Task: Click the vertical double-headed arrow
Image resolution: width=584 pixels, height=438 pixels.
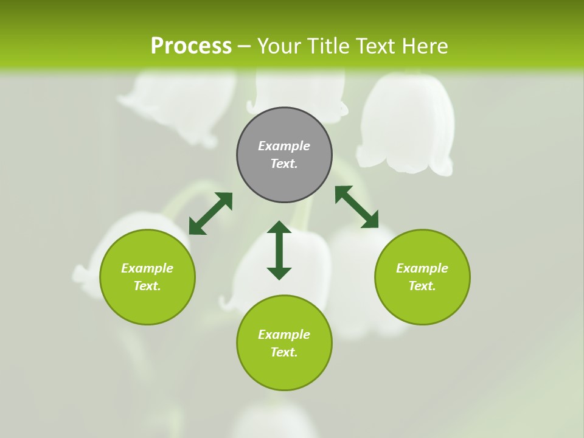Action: point(279,250)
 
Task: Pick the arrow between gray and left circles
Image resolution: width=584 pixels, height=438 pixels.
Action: point(210,213)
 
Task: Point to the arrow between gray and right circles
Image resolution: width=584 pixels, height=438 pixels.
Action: point(356,207)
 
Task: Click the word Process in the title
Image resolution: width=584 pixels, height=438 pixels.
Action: point(191,46)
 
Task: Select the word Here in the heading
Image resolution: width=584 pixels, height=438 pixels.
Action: point(423,46)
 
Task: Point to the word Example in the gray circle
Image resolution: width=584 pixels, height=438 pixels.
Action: point(284,146)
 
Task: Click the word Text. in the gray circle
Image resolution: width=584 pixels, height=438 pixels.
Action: point(284,164)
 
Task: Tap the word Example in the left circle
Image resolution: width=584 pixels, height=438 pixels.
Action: point(147,268)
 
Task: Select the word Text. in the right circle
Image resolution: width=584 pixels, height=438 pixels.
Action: point(422,286)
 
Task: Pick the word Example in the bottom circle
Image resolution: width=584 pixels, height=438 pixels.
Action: point(284,335)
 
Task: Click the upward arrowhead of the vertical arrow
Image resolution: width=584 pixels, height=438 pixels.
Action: point(279,228)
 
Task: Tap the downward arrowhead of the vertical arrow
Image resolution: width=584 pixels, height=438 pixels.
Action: point(279,273)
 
